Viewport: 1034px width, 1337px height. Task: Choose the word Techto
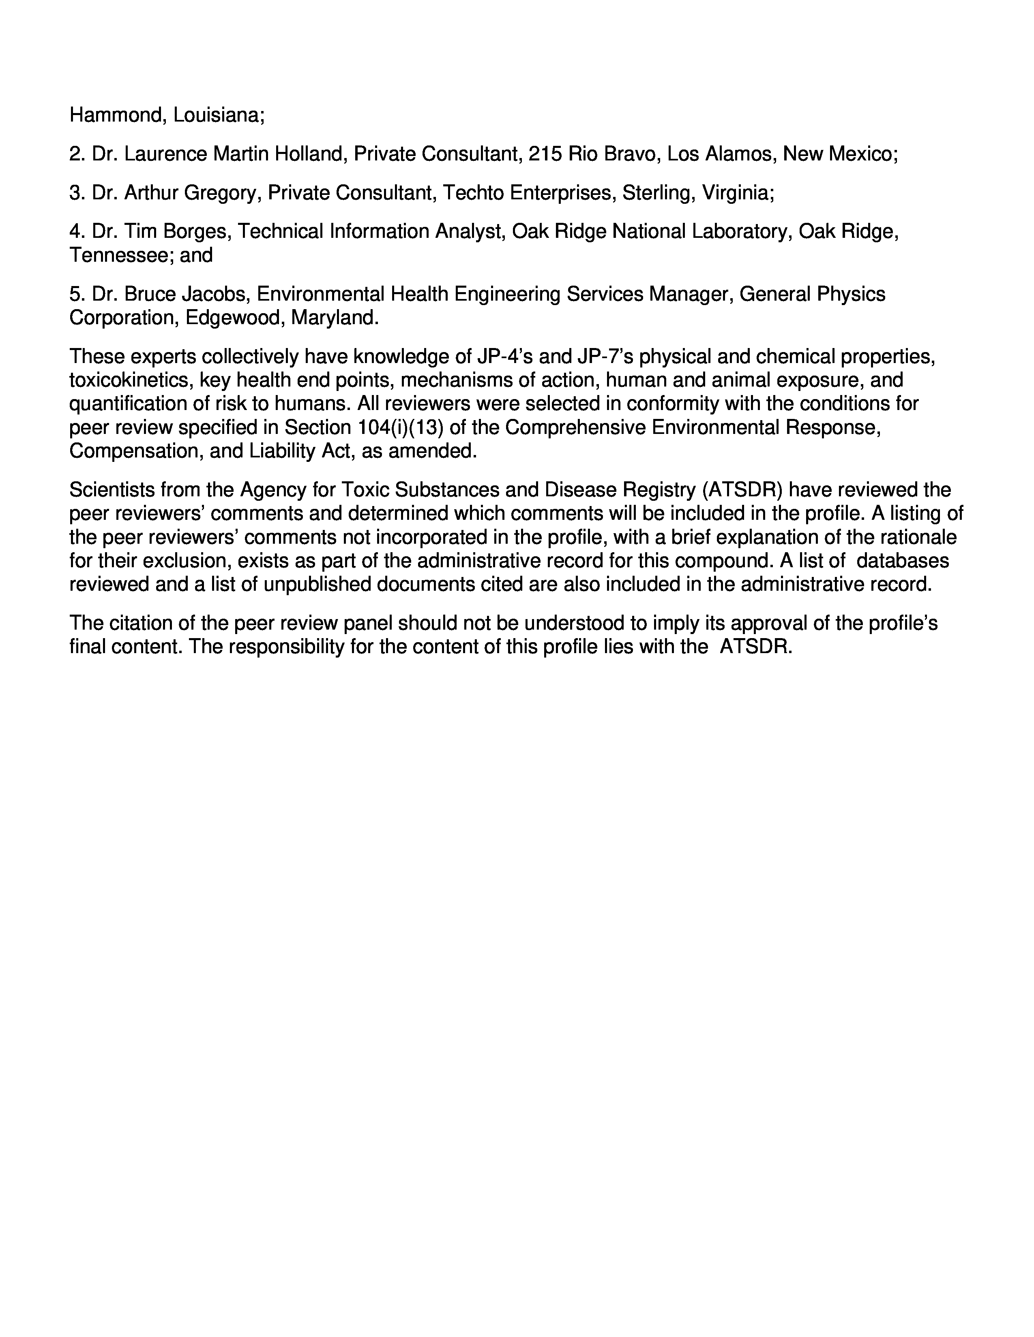(x=473, y=193)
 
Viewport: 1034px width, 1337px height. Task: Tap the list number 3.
(x=76, y=193)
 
